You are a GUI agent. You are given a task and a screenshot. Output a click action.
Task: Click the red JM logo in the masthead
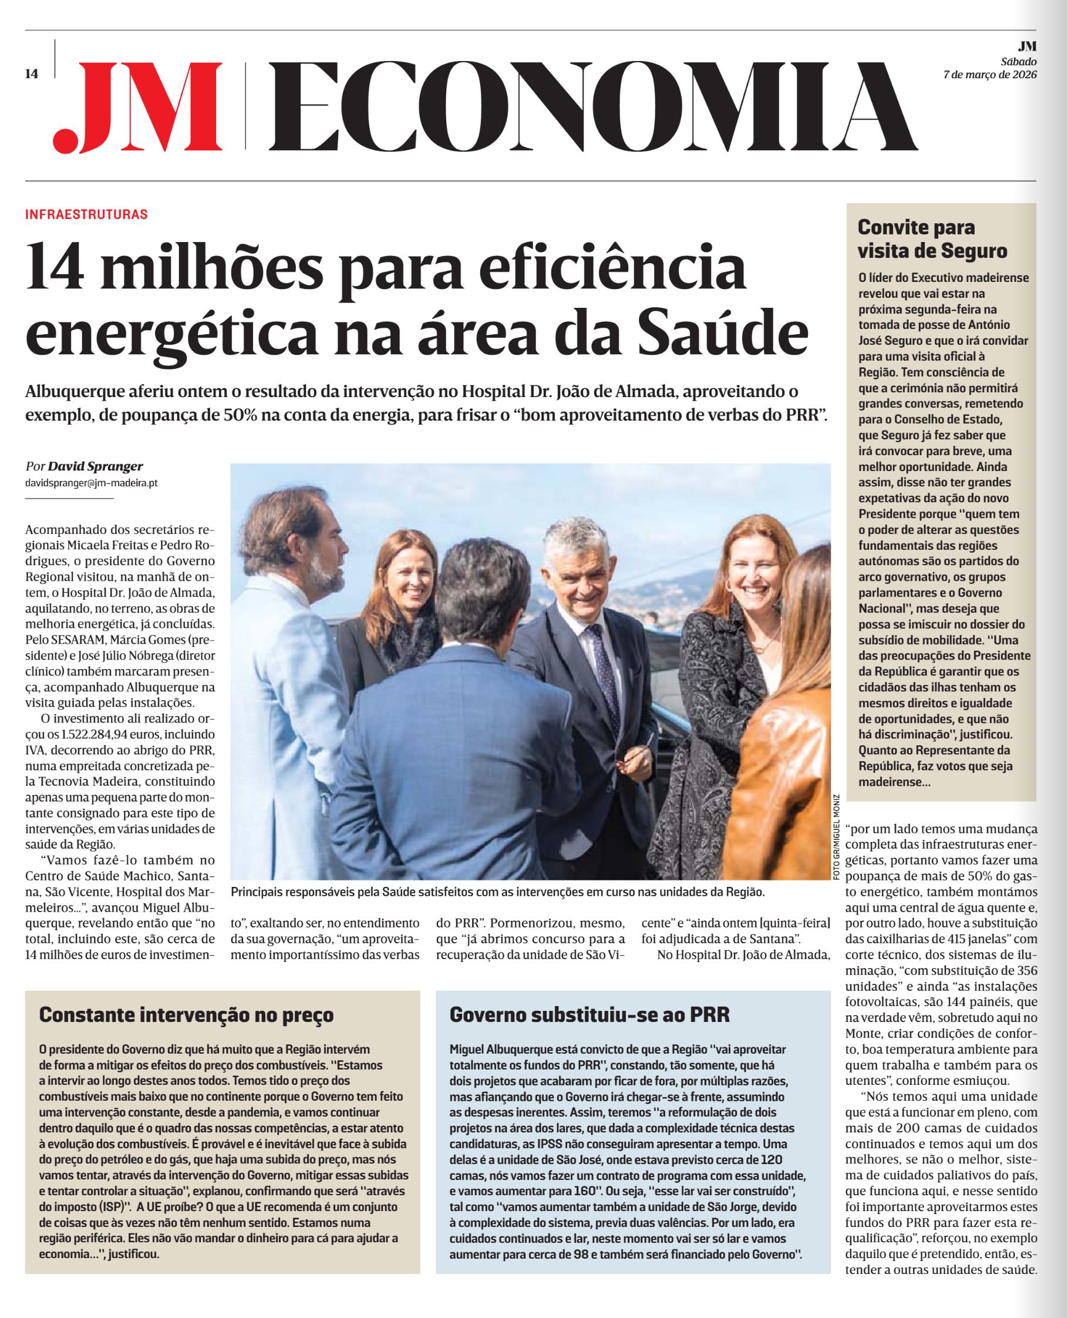(139, 106)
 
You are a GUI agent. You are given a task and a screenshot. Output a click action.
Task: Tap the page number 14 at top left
(31, 75)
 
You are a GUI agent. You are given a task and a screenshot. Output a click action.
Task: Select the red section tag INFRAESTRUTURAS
(86, 215)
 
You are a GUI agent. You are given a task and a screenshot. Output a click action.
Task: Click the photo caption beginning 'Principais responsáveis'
(497, 891)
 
